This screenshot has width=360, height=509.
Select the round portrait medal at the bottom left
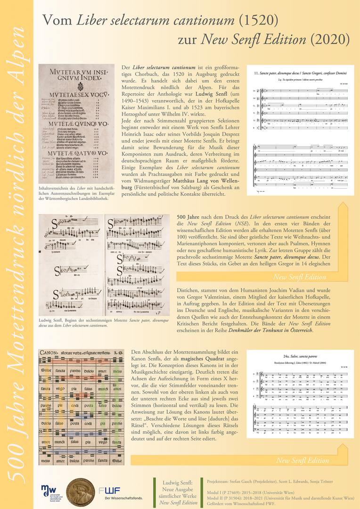click(80, 493)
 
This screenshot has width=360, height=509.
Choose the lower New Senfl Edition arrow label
click(303, 460)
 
